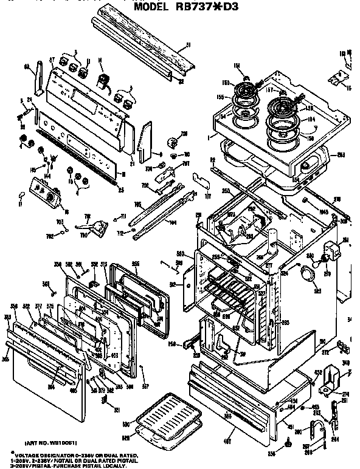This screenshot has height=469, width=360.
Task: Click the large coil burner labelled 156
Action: coord(283,108)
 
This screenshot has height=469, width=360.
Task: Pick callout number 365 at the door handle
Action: coord(5,360)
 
